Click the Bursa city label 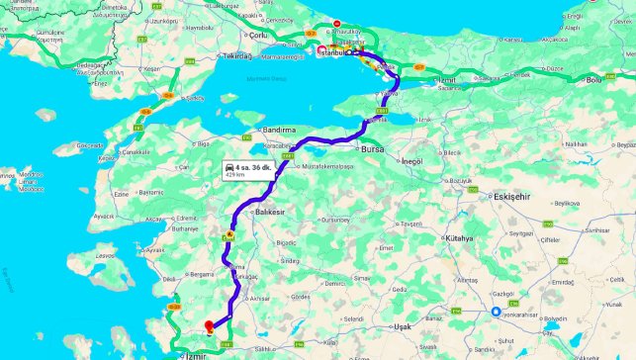372,149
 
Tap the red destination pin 208,325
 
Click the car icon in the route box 230,169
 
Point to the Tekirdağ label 238,56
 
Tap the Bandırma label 279,130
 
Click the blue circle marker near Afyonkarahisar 496,315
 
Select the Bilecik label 452,153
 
